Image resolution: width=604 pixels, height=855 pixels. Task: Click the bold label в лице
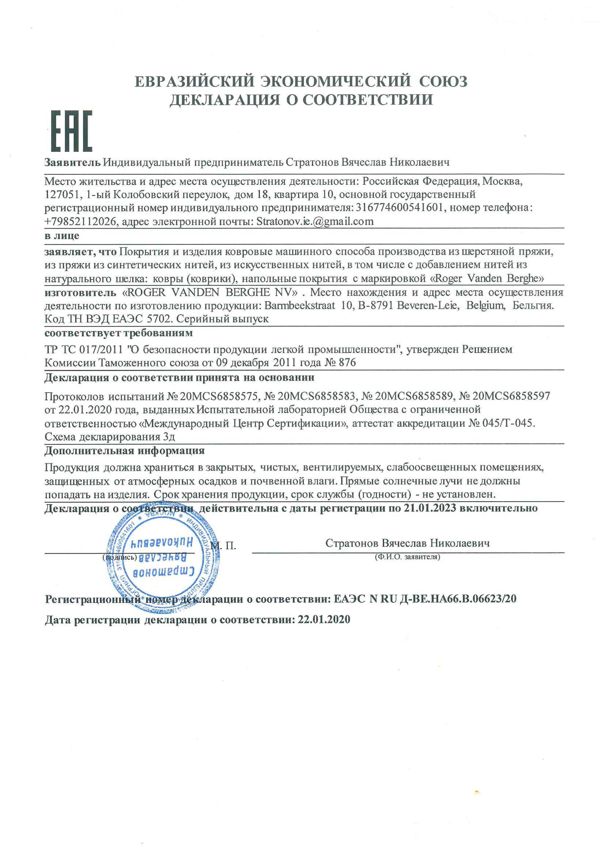coord(62,236)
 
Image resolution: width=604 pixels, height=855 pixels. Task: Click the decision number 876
coord(347,363)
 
